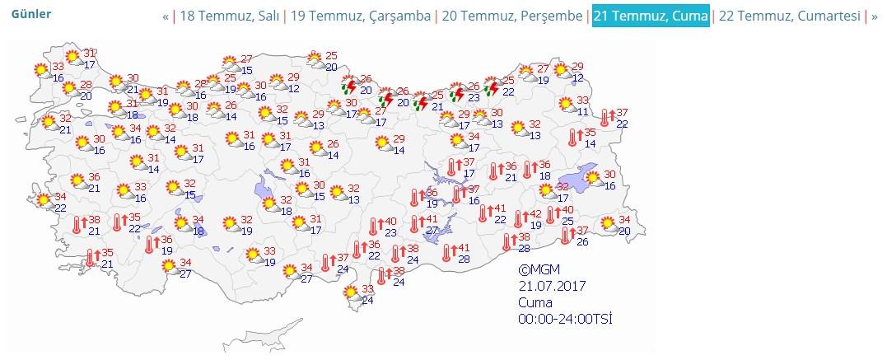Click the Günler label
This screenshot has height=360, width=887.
pyautogui.click(x=30, y=15)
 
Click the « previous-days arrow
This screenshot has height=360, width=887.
pyautogui.click(x=166, y=16)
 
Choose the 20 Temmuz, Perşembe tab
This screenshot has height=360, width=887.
pyautogui.click(x=511, y=16)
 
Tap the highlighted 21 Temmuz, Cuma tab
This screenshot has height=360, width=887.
pyautogui.click(x=650, y=16)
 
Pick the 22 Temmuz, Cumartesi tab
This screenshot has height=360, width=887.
pyautogui.click(x=789, y=16)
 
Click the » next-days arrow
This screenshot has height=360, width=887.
pyautogui.click(x=875, y=16)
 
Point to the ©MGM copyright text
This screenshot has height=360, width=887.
pyautogui.click(x=539, y=269)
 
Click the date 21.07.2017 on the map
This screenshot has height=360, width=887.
pyautogui.click(x=552, y=286)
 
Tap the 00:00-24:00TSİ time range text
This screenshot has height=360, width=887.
pyautogui.click(x=565, y=319)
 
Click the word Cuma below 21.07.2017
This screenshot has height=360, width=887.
pyautogui.click(x=535, y=302)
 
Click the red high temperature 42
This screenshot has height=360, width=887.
pyautogui.click(x=535, y=213)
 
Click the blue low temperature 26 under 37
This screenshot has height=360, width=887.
pyautogui.click(x=583, y=241)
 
